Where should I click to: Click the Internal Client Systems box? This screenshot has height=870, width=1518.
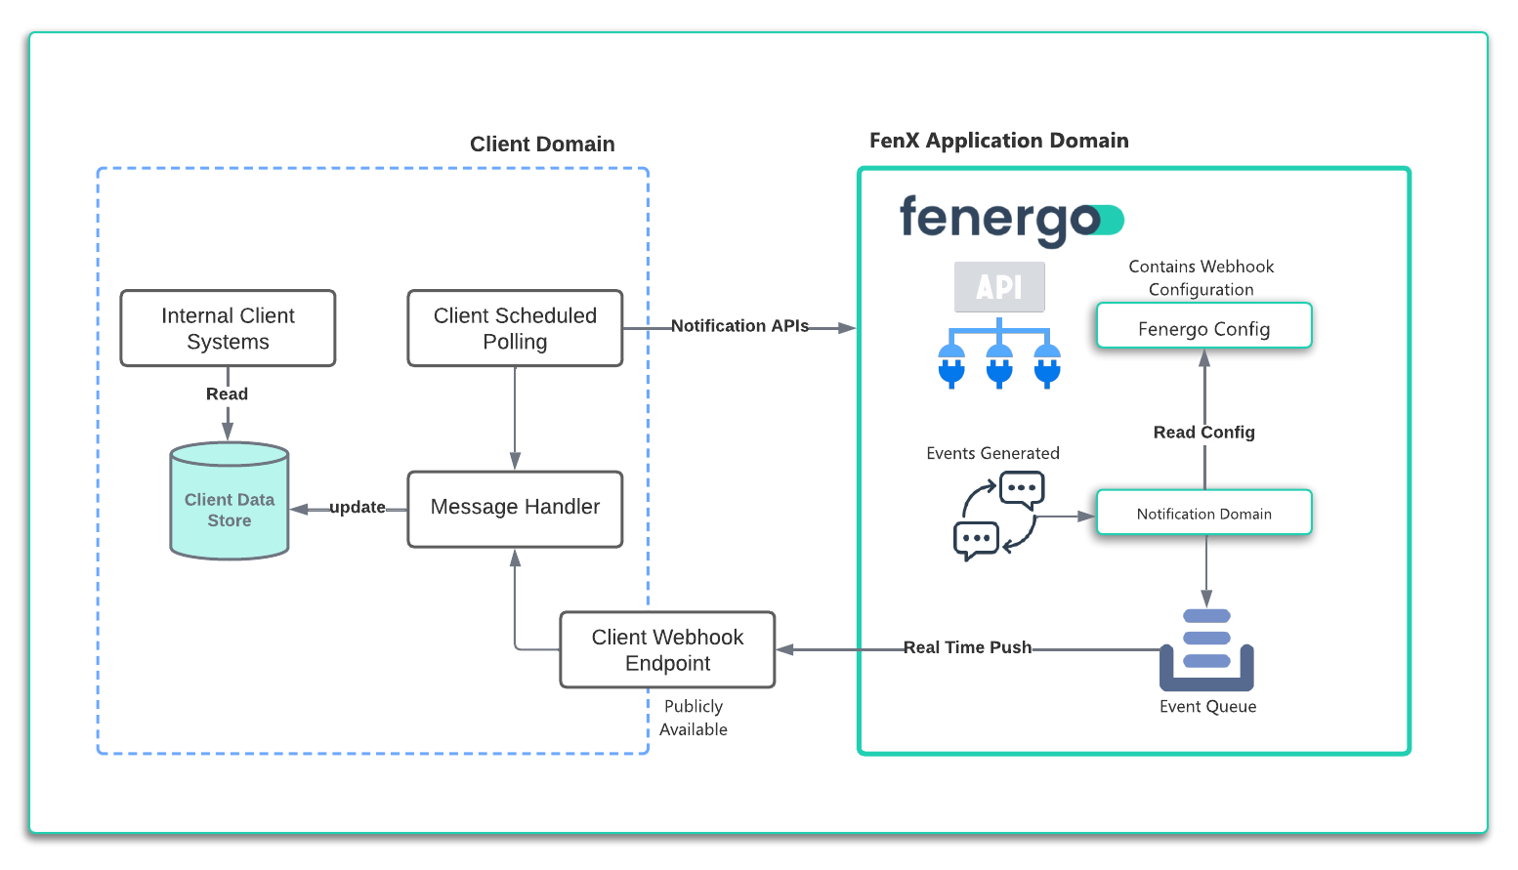(228, 328)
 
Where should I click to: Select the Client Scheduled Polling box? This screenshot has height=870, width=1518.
(515, 328)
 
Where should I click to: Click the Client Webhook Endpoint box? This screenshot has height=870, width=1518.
(667, 649)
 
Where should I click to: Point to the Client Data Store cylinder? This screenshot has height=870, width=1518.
(230, 503)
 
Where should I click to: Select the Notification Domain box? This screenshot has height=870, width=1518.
(1203, 513)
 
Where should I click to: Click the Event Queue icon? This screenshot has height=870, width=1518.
(1206, 650)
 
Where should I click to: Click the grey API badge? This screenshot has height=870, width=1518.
(999, 287)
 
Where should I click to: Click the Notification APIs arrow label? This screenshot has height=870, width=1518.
(739, 326)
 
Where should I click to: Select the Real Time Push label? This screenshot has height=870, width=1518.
(967, 647)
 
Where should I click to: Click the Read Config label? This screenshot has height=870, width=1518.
(1203, 433)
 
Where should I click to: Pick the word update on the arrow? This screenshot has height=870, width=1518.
(357, 508)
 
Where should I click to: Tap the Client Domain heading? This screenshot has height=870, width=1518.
(542, 145)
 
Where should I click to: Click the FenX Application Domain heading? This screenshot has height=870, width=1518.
(998, 141)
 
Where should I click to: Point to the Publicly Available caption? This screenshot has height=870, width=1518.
(694, 718)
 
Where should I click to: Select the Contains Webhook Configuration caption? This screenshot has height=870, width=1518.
(1201, 278)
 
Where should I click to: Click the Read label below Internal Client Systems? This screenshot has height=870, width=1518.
(227, 394)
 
